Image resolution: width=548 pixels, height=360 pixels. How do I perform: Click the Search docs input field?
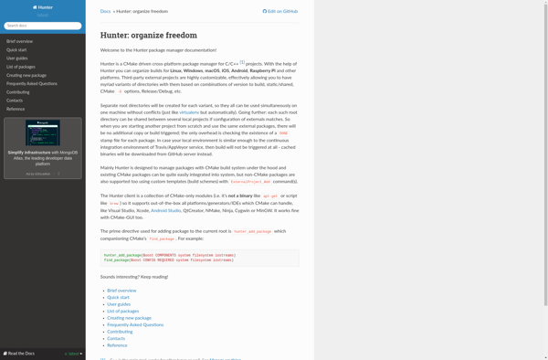coord(42,26)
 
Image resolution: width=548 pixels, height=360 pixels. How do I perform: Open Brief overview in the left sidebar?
coord(19,41)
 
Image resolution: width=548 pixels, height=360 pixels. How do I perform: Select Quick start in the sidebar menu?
coord(16,49)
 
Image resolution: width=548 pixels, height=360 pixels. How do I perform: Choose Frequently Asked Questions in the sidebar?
coord(32,83)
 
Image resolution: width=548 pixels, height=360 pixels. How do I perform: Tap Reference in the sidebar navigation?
coord(16,109)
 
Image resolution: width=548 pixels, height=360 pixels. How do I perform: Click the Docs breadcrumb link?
coord(105,11)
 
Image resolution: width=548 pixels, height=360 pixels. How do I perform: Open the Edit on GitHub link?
coord(280,11)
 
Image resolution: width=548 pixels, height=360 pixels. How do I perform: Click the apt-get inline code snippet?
coord(270,196)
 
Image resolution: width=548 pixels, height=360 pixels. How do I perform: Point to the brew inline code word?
coord(114,204)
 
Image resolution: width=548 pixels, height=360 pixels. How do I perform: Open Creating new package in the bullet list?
coord(129,318)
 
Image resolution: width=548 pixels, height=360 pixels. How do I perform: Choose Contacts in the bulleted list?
coord(116,338)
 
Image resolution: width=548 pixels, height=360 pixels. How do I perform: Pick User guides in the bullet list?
coord(119,304)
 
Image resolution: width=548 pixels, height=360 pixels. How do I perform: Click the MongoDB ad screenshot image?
coord(43,133)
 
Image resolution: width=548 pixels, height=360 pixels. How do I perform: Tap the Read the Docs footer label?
coord(20,353)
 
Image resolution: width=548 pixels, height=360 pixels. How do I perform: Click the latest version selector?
coord(73,353)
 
